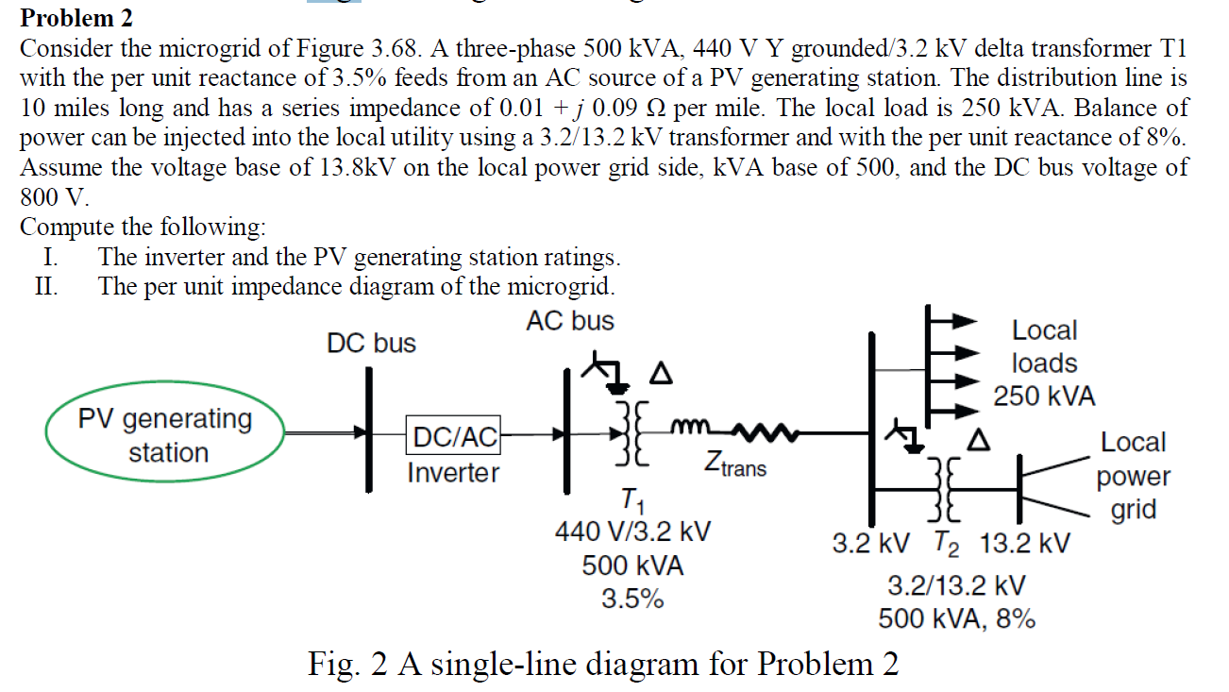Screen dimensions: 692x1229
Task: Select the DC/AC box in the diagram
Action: point(453,436)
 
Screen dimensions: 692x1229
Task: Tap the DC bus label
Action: point(371,344)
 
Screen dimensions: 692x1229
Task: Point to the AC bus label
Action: point(570,321)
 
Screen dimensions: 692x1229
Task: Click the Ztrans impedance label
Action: point(735,464)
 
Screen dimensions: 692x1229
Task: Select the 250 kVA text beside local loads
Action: point(1044,397)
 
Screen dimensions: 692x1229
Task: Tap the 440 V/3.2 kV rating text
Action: point(632,532)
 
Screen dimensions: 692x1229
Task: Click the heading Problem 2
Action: point(77,18)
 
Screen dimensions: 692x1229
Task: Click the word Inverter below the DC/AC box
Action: point(453,472)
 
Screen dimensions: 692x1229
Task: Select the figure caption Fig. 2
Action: point(603,665)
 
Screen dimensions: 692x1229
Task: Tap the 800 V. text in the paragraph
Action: point(55,198)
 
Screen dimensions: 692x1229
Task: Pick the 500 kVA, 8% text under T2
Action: point(956,619)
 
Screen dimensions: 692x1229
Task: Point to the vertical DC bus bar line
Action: point(369,430)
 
